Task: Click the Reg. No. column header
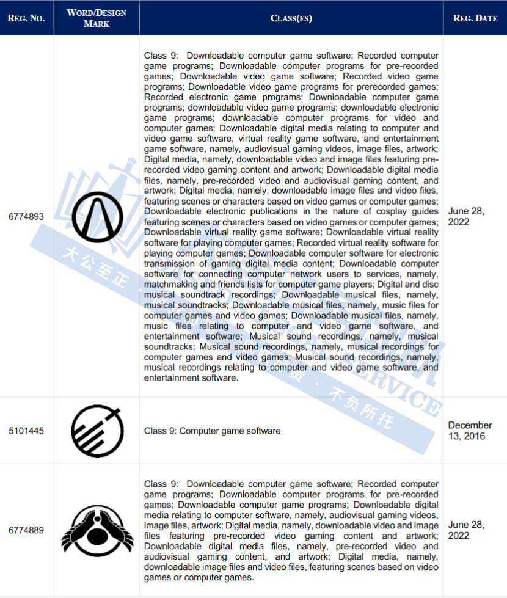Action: (26, 18)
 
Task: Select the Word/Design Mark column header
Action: (97, 18)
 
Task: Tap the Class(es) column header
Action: (291, 18)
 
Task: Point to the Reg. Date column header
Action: (475, 18)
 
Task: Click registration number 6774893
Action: (26, 216)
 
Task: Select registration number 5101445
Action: (26, 431)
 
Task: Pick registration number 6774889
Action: (26, 530)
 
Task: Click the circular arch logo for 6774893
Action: (97, 216)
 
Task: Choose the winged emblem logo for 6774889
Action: (97, 530)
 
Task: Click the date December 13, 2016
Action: (470, 430)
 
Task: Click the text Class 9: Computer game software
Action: (212, 431)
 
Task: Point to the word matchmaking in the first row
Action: (173, 285)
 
